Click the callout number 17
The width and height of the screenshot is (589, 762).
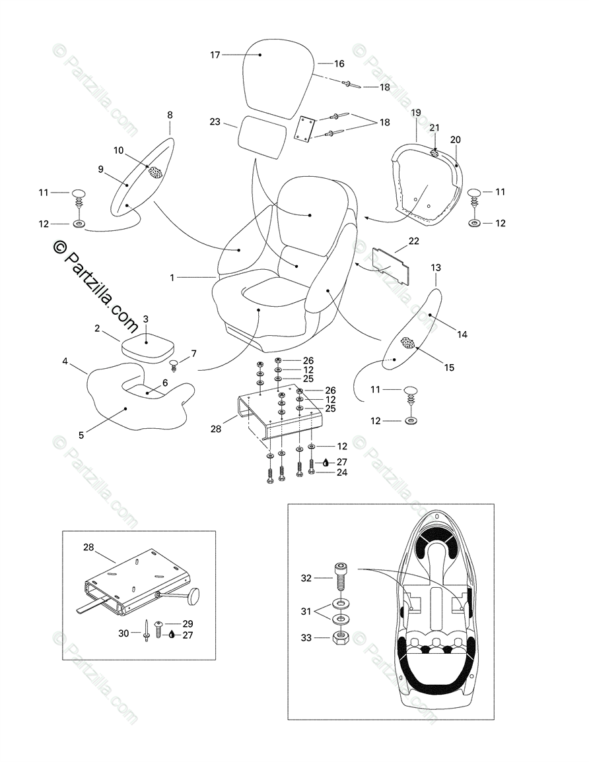[215, 55]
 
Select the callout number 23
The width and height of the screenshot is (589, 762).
[215, 121]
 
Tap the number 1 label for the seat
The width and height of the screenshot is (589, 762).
[172, 278]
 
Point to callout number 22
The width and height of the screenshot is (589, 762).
[413, 241]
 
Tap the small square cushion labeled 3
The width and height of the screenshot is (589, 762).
[146, 346]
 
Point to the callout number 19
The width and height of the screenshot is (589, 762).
[416, 113]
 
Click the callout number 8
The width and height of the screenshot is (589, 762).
[170, 115]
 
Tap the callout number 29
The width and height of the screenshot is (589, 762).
[188, 623]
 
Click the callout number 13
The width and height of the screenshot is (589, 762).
[436, 267]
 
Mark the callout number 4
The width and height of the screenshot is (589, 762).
[65, 361]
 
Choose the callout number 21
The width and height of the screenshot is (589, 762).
[434, 127]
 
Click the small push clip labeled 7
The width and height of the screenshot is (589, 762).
[175, 365]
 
